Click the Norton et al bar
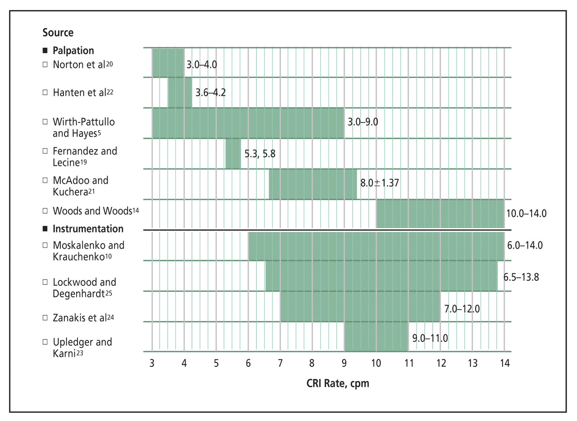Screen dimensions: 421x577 click(168, 63)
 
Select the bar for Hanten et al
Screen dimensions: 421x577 click(180, 92)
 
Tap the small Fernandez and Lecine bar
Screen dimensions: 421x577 click(233, 154)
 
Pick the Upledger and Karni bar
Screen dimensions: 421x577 click(376, 337)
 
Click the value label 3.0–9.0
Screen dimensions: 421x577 click(362, 122)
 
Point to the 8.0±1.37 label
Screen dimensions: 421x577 click(379, 183)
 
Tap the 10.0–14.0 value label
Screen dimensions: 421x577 click(526, 213)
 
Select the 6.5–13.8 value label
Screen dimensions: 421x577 click(521, 277)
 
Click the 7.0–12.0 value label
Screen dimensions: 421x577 click(462, 309)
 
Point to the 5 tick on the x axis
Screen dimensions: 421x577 click(216, 363)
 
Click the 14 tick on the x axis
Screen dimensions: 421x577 click(504, 363)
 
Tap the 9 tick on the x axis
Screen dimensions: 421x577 click(344, 363)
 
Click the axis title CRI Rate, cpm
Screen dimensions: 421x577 click(338, 383)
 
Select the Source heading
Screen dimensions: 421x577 click(58, 32)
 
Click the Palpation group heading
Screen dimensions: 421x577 click(73, 50)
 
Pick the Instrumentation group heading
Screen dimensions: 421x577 click(88, 229)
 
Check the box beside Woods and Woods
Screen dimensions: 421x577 click(45, 210)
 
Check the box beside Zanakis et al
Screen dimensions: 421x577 click(45, 317)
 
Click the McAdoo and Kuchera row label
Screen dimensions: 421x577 click(80, 186)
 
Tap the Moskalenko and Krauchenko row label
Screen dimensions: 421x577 click(88, 251)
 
